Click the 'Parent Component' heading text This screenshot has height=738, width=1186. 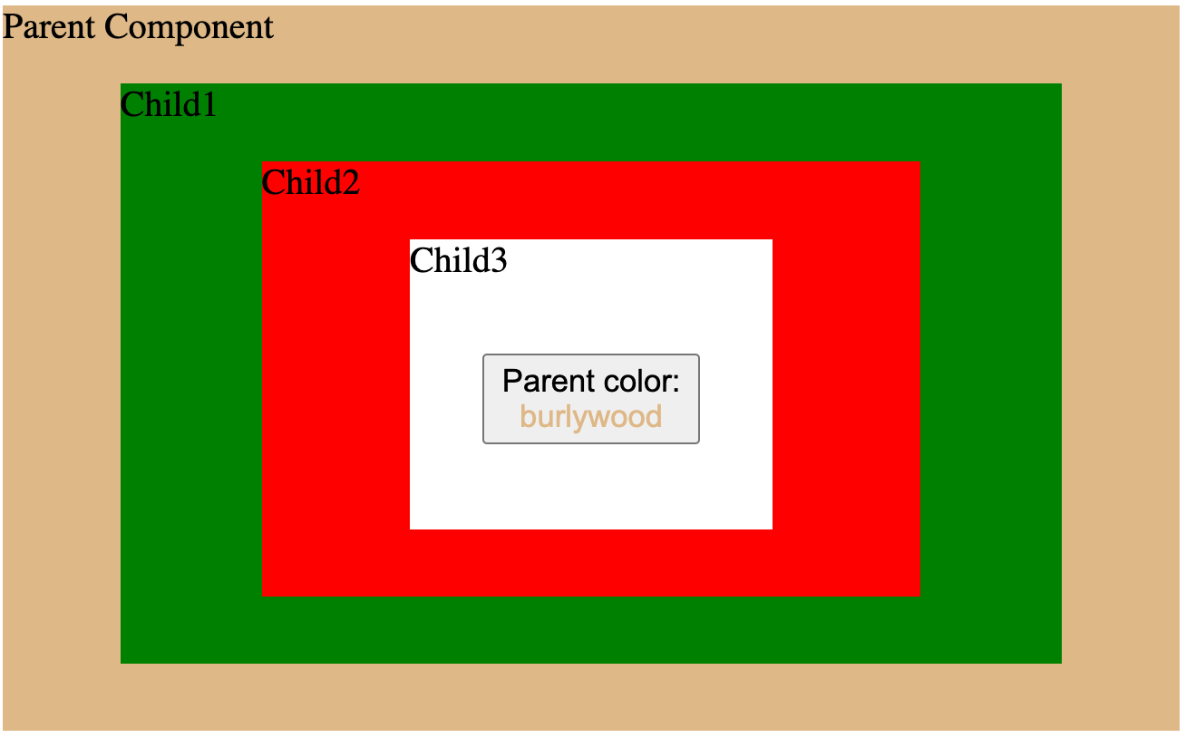pyautogui.click(x=138, y=27)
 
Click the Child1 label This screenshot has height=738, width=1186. pyautogui.click(x=169, y=105)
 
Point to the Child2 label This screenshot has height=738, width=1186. pyautogui.click(x=310, y=183)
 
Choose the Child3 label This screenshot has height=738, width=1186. pyautogui.click(x=458, y=261)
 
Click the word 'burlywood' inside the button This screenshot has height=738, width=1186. pyautogui.click(x=590, y=417)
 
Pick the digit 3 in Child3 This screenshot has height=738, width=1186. pyautogui.click(x=498, y=261)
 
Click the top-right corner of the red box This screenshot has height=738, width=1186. pyautogui.click(x=919, y=162)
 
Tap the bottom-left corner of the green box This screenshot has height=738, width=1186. pyautogui.click(x=122, y=662)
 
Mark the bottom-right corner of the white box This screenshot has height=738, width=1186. pyautogui.click(x=771, y=528)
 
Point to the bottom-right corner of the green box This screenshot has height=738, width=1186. pyautogui.click(x=1060, y=662)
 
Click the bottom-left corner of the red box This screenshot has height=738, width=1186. pyautogui.click(x=264, y=595)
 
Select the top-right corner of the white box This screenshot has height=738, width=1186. pyautogui.click(x=771, y=241)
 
